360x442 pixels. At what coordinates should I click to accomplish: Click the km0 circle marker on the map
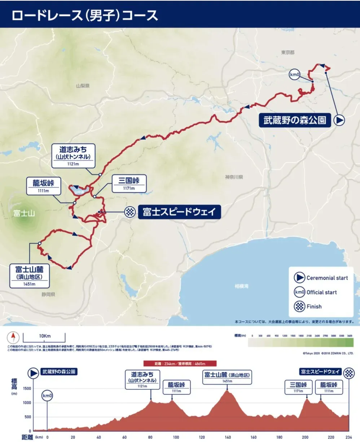[294, 75]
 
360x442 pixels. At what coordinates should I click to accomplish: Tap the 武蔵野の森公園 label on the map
[295, 120]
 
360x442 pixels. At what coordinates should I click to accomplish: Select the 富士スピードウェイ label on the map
[179, 212]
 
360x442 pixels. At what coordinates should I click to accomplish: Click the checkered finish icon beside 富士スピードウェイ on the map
[130, 212]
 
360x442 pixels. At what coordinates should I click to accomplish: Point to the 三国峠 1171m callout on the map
[129, 184]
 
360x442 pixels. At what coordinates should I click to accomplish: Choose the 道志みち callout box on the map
[73, 156]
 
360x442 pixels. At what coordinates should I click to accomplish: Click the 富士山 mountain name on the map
[24, 213]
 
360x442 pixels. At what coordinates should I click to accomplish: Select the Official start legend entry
[316, 292]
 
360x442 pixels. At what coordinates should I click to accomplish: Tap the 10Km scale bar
[44, 338]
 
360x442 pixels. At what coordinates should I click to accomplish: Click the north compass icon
[13, 338]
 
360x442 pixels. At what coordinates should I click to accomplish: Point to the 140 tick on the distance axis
[228, 437]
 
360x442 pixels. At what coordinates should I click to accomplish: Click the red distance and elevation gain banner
[180, 364]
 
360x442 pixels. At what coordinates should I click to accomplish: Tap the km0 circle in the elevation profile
[47, 395]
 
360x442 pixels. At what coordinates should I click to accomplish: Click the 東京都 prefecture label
[288, 52]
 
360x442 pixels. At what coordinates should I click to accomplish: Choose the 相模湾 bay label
[241, 286]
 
